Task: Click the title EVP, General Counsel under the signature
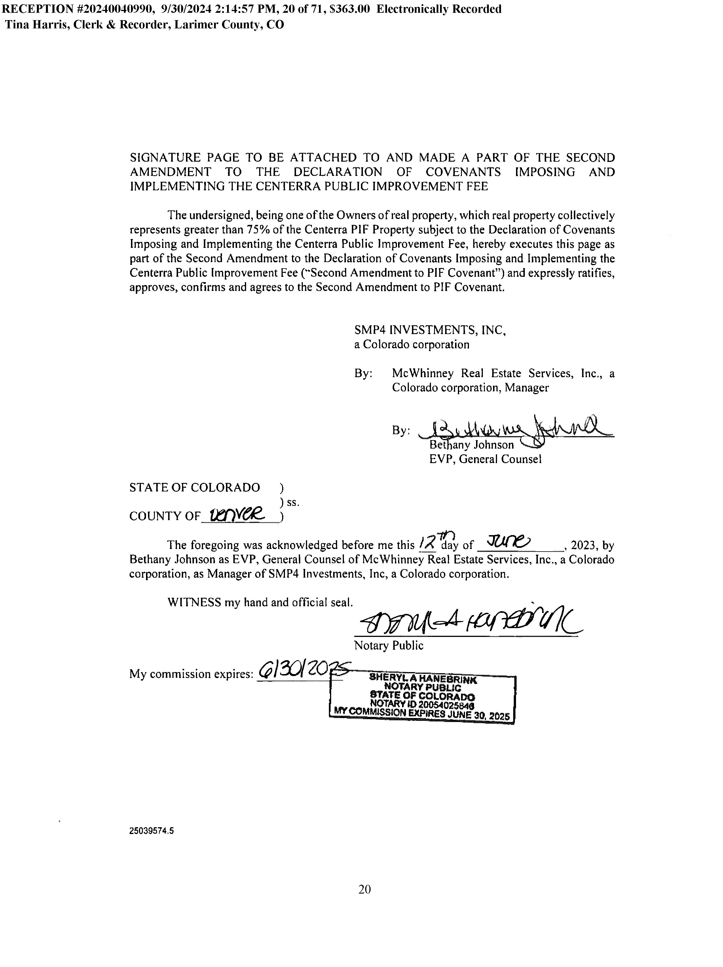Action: (x=485, y=459)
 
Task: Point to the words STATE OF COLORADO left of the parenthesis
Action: (x=195, y=487)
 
